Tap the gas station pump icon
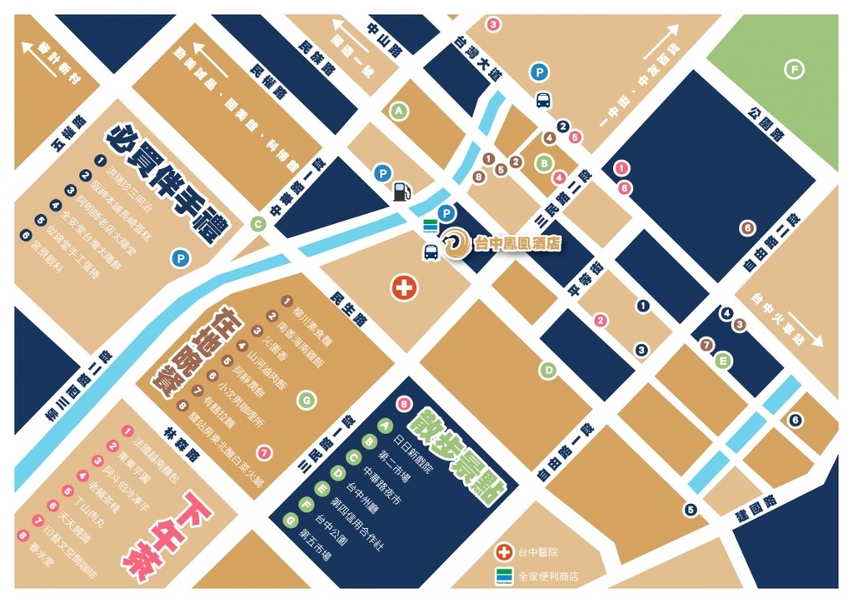401,191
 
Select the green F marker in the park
795,69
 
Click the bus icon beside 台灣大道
543,100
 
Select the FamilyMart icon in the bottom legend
502,576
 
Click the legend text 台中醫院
538,552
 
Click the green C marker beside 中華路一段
258,223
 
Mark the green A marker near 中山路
399,110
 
